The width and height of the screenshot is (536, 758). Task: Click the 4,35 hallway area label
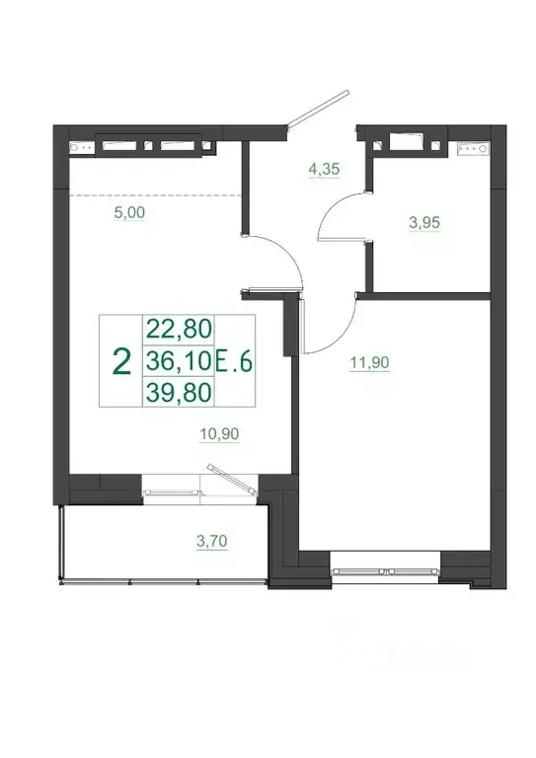coord(325,169)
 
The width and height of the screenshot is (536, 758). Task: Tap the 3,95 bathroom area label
coord(423,222)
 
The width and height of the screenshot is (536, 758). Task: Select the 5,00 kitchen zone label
coord(130,211)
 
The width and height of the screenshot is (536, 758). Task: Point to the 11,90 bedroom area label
coord(369,363)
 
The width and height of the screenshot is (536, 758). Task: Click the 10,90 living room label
coord(220,432)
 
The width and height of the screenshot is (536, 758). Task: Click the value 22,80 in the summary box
coord(178,328)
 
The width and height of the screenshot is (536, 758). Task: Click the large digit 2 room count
coord(121,361)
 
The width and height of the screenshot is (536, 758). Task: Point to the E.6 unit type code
coord(235,362)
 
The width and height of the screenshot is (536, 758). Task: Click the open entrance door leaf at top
coord(317,110)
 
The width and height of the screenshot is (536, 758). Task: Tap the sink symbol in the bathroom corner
coord(473,149)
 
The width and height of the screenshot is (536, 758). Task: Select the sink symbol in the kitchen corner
coord(80,148)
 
